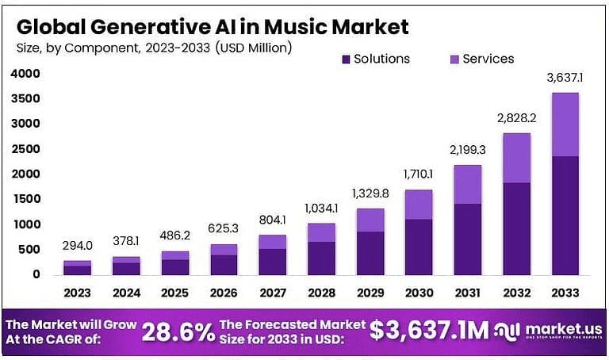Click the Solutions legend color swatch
click(346, 59)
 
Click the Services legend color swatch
click(454, 59)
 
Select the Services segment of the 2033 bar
click(565, 124)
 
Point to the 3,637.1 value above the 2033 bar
click(565, 78)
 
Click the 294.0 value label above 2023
click(78, 246)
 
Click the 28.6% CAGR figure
click(178, 331)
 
